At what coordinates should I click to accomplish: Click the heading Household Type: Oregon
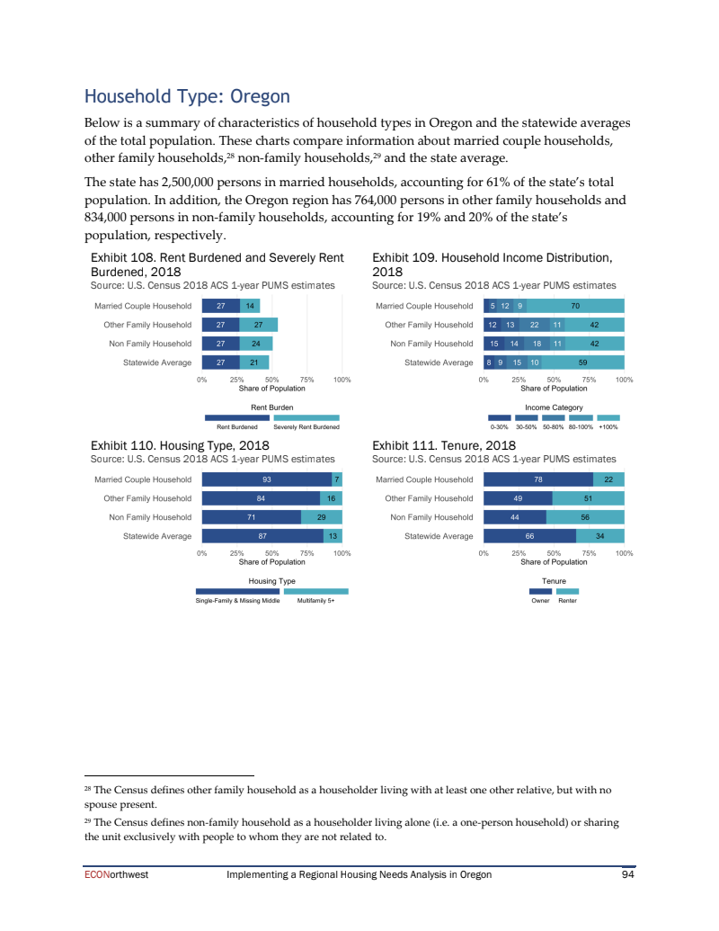[187, 96]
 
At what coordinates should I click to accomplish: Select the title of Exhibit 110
[180, 445]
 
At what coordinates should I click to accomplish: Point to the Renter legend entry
[567, 601]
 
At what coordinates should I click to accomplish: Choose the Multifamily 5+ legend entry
[315, 601]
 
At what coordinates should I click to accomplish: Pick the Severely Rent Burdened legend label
[306, 427]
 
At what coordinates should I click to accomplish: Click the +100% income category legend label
[608, 427]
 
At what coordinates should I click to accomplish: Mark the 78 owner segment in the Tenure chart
[537, 479]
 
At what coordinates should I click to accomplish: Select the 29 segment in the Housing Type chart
[321, 517]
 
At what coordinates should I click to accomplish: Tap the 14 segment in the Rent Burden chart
[249, 306]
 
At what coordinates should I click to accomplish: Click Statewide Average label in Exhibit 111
[439, 536]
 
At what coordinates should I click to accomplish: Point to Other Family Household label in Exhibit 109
[429, 325]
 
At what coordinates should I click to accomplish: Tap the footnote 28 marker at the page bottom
[87, 788]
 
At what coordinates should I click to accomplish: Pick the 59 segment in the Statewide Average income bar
[582, 363]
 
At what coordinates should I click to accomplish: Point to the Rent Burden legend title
[271, 407]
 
